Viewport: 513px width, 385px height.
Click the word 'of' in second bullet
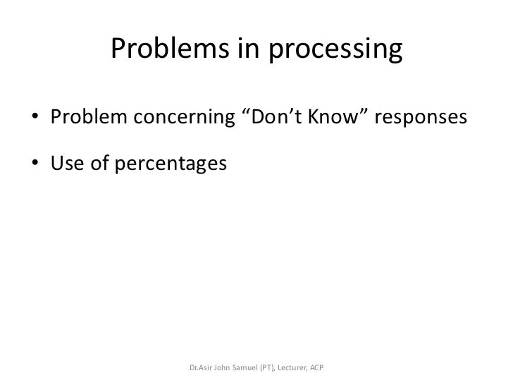(x=102, y=164)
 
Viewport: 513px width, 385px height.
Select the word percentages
(x=171, y=165)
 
